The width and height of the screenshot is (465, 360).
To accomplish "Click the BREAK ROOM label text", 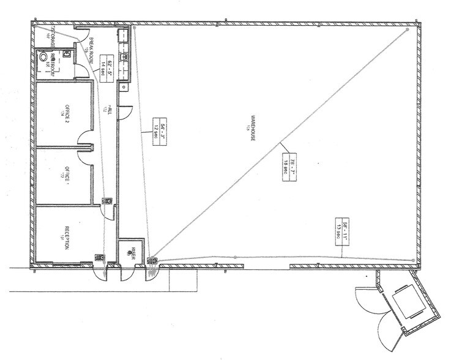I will [x=92, y=50].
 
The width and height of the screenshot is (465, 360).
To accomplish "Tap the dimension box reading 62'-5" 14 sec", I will [x=113, y=65].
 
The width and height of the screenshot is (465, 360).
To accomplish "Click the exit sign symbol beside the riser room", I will [x=152, y=261].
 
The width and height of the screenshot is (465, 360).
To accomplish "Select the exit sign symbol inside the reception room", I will [x=99, y=258].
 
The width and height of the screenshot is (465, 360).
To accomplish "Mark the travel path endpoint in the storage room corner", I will [x=36, y=27].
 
